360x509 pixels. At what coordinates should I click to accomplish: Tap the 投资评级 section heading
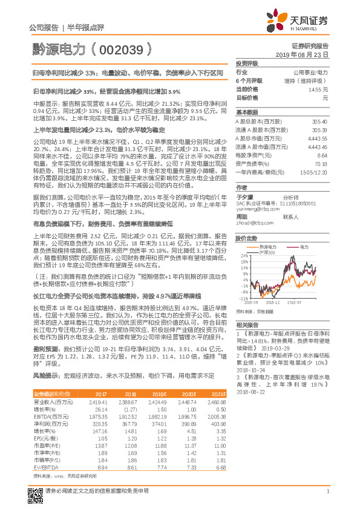point(247,63)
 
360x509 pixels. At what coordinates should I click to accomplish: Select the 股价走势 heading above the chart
point(247,238)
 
